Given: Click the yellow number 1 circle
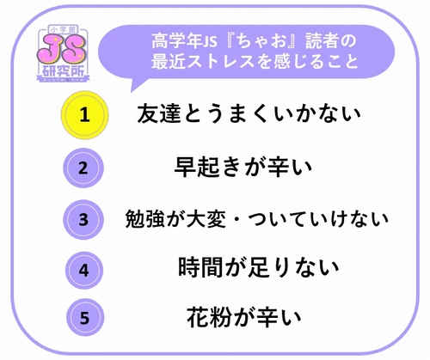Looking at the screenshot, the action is click(84, 115).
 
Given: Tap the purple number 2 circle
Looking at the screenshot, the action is click(83, 168).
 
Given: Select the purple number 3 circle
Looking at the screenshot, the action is click(83, 220).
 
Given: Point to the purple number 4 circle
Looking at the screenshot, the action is click(83, 271).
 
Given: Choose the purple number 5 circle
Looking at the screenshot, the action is click(84, 317).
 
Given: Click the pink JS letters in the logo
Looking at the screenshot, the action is click(62, 52).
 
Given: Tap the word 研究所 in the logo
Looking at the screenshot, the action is click(63, 70).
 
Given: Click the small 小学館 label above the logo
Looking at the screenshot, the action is click(62, 29).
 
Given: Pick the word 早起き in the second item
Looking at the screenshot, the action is click(207, 168).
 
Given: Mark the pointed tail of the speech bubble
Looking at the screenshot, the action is click(132, 92).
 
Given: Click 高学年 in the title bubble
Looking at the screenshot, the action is click(176, 40).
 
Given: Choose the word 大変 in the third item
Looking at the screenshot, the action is click(206, 219).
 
